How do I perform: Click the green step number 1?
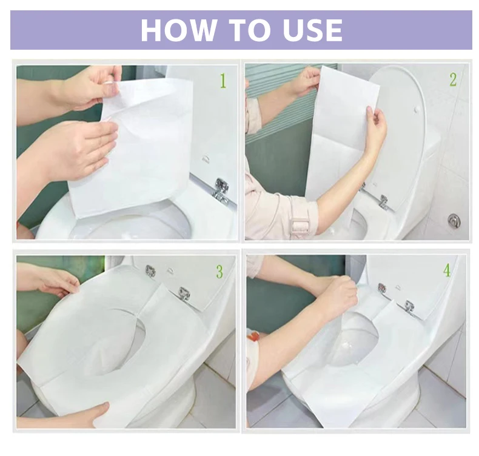[x=223, y=80]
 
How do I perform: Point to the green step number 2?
[x=452, y=79]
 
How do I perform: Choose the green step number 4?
[x=447, y=270]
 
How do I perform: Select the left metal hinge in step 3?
[x=150, y=271]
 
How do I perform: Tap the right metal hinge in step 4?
[x=409, y=306]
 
